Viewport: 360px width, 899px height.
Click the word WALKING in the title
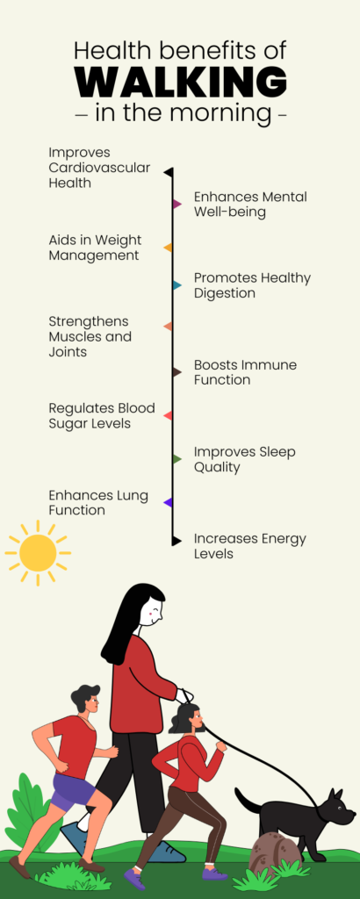181,82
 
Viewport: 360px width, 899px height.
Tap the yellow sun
38,553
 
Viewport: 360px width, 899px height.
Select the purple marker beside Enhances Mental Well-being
177,204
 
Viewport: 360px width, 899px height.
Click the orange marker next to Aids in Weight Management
168,248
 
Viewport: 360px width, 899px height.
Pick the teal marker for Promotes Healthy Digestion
177,285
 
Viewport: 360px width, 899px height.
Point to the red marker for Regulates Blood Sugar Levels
168,415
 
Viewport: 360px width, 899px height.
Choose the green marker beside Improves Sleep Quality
177,458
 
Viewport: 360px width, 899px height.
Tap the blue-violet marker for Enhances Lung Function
168,502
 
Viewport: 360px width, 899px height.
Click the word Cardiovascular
99,168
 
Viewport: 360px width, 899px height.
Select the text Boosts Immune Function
245,372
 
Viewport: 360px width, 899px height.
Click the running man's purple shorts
74,791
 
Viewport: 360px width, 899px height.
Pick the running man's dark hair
84,696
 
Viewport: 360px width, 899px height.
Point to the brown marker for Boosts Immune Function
177,372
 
